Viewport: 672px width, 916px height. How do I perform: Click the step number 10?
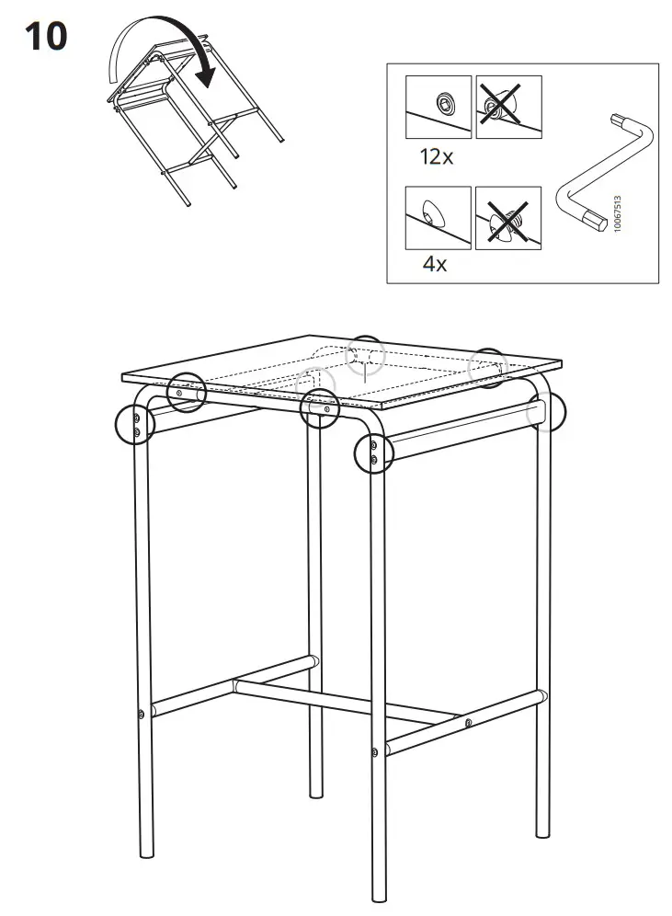(x=45, y=37)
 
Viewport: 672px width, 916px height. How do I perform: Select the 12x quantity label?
(x=437, y=157)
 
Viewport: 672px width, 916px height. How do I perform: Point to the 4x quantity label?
(x=434, y=265)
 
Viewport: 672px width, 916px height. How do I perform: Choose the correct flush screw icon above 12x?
(x=439, y=108)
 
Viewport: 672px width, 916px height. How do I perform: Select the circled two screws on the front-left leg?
(x=135, y=426)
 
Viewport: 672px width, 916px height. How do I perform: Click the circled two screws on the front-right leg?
(x=372, y=452)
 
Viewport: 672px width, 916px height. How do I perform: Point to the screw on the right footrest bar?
(x=468, y=723)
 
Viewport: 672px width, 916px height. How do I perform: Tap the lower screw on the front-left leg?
(x=140, y=714)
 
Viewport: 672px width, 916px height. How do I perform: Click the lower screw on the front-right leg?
(x=375, y=753)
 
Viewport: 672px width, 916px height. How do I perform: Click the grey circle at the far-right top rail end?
(x=546, y=413)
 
